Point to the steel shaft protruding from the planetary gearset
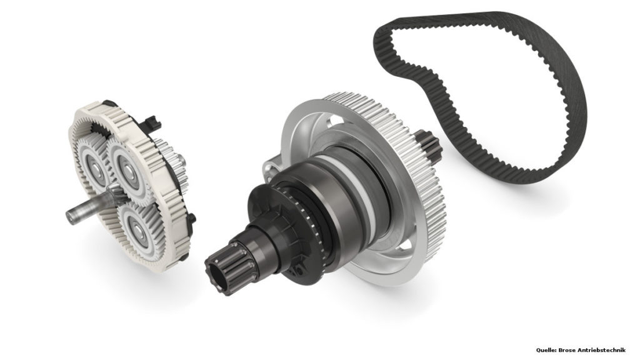[87, 208]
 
